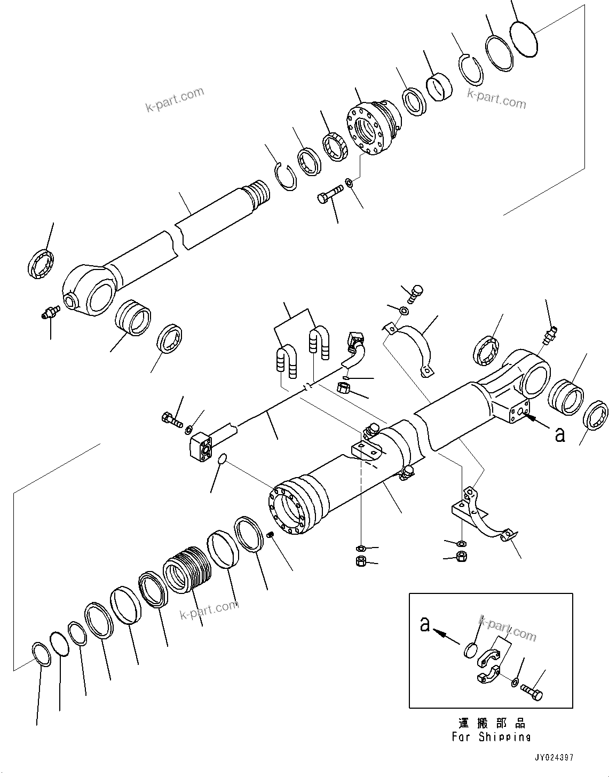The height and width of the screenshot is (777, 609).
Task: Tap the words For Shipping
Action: (x=491, y=737)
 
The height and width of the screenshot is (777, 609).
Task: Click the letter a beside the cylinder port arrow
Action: (x=559, y=434)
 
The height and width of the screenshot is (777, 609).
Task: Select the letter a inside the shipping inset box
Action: (x=425, y=624)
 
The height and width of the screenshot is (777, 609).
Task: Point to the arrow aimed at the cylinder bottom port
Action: (x=537, y=422)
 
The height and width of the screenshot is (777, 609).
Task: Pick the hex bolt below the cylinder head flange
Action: (x=329, y=196)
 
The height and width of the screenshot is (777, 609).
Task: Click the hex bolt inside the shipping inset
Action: (x=532, y=693)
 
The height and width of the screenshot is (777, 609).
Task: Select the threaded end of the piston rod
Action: (x=258, y=193)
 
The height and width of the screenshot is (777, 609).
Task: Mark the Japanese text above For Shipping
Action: (x=492, y=724)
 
